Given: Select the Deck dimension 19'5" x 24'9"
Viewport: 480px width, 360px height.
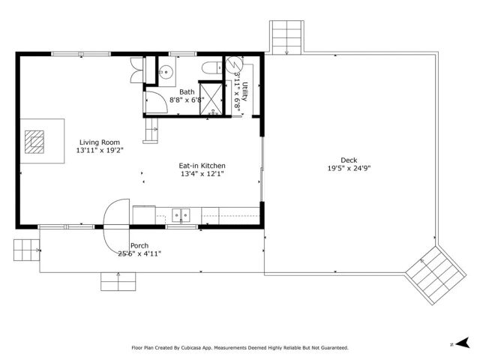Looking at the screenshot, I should tap(349, 168).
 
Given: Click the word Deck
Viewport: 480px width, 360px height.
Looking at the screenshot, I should tap(349, 160).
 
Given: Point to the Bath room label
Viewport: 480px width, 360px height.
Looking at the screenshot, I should tap(186, 91).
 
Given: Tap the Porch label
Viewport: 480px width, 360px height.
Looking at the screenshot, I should tap(139, 246).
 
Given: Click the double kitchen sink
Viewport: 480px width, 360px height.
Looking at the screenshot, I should tap(180, 216).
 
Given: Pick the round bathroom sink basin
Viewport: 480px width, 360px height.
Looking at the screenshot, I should tap(166, 73).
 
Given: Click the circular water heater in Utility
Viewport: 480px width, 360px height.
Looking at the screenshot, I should tap(235, 63).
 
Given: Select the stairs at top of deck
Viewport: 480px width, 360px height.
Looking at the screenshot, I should tap(288, 37).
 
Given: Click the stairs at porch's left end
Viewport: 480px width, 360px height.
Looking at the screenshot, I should tap(25, 248).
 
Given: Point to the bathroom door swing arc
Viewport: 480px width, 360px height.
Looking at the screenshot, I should tap(152, 103).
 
